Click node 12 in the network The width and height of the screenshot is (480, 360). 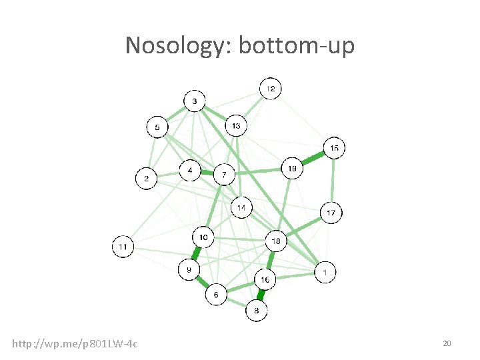(x=270, y=89)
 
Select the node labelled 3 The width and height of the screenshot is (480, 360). (x=194, y=101)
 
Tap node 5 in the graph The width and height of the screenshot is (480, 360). (x=157, y=127)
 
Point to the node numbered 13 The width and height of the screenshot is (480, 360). (x=236, y=125)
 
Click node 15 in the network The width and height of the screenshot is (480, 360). (x=334, y=148)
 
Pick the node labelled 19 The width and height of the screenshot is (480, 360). (x=292, y=169)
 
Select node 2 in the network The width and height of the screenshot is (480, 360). (x=147, y=179)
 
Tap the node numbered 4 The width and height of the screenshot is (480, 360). (x=191, y=171)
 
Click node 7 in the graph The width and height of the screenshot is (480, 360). (x=224, y=175)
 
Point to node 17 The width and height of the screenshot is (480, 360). (x=331, y=213)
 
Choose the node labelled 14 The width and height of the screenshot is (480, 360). (x=242, y=208)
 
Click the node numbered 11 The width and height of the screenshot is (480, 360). (x=123, y=247)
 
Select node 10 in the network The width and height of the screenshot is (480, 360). (x=203, y=237)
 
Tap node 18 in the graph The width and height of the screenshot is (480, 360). (x=276, y=240)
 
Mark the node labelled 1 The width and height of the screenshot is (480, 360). (x=325, y=272)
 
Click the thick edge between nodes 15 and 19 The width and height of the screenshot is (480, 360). (x=313, y=159)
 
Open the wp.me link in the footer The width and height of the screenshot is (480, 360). (x=75, y=343)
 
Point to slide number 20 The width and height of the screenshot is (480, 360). (x=447, y=343)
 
